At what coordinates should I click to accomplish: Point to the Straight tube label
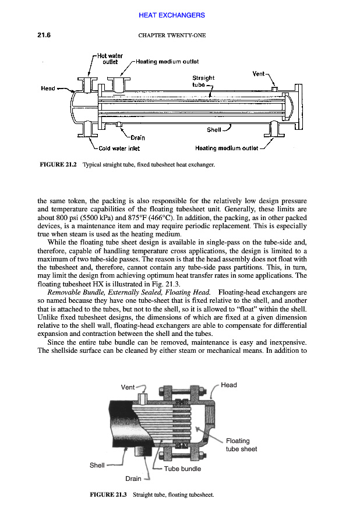(x=203, y=81)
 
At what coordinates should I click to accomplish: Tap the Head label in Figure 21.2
(x=48, y=88)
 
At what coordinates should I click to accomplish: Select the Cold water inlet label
(x=119, y=148)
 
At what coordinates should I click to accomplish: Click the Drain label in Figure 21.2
(x=137, y=138)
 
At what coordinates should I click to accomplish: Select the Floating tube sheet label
(x=241, y=445)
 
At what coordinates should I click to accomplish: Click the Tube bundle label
(x=182, y=468)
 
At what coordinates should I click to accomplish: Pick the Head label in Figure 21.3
(x=228, y=385)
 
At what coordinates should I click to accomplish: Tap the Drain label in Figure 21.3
(x=134, y=479)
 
